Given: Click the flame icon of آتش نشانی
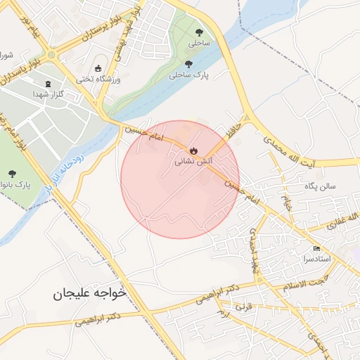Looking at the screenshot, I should [193, 150].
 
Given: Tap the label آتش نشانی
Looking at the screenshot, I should [191, 162].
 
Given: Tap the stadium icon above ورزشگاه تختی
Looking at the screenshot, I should [98, 68].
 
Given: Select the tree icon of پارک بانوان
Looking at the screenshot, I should [11, 173].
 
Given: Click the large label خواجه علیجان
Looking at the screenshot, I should [89, 293].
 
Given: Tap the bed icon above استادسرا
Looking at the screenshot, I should [316, 249].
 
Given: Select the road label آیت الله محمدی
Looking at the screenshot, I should [290, 152].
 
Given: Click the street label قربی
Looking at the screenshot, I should [243, 308].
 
